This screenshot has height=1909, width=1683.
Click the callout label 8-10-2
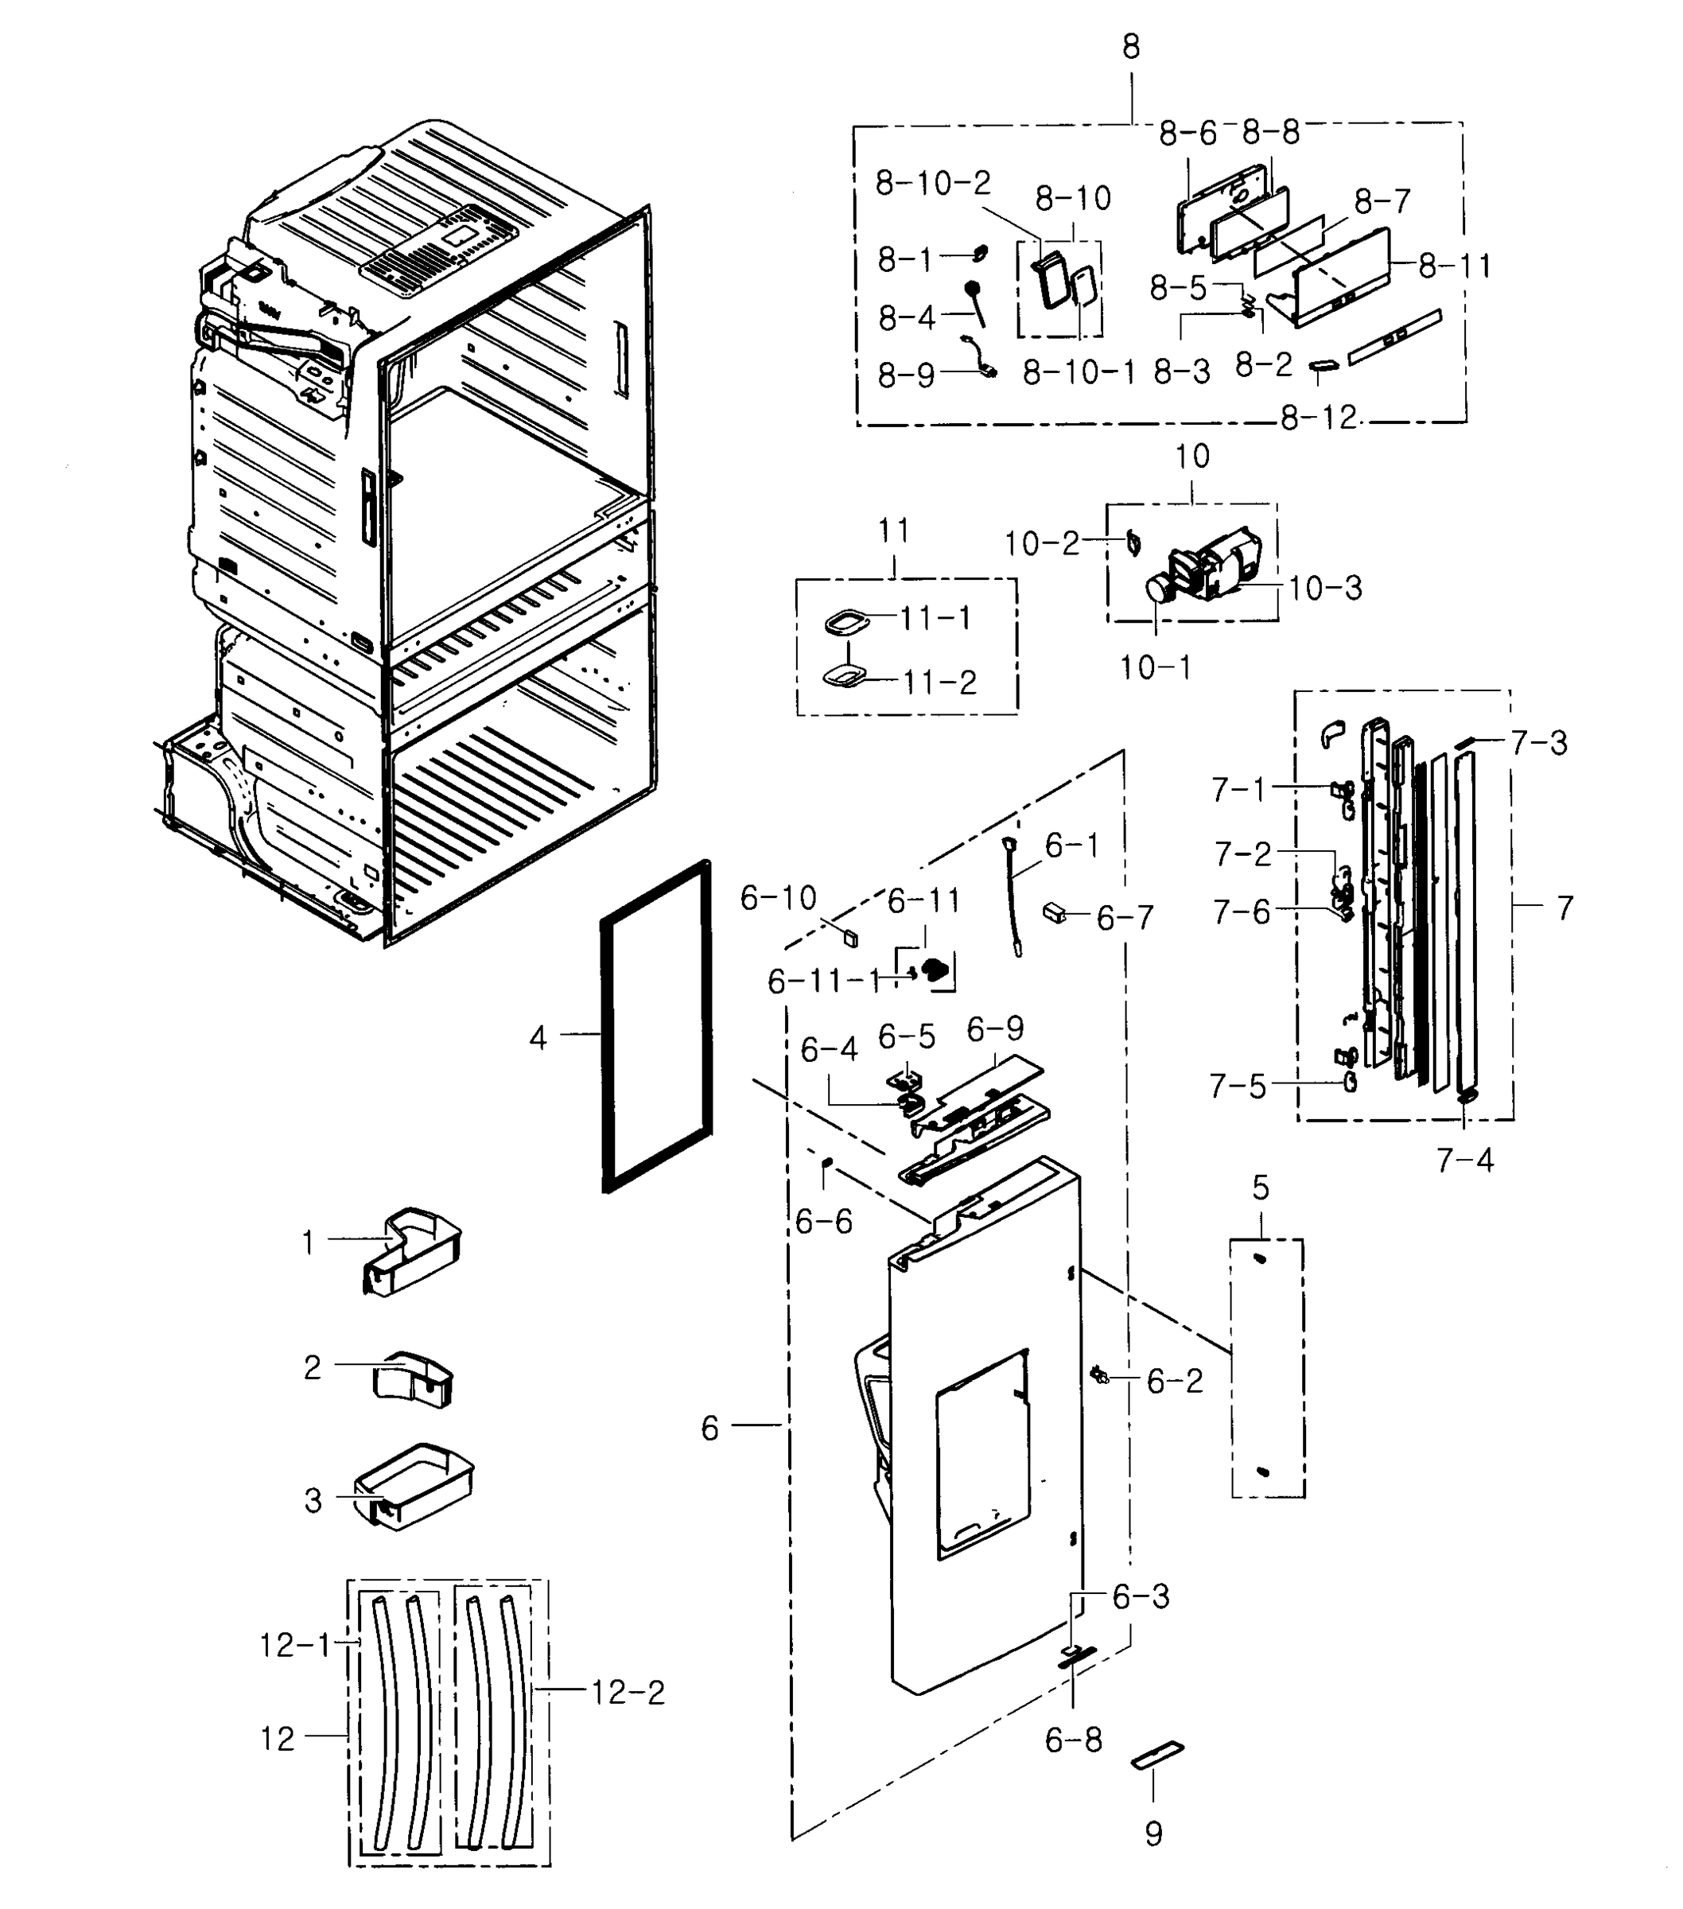(932, 183)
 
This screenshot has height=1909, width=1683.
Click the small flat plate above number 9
(1157, 1755)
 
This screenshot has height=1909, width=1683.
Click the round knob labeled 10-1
(1159, 589)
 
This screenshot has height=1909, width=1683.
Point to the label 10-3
(1324, 589)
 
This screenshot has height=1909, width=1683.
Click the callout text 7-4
(1464, 1161)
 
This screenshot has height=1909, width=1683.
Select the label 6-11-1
(824, 982)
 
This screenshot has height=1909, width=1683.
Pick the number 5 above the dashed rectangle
(1261, 1189)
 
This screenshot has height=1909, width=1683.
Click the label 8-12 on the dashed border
(1318, 418)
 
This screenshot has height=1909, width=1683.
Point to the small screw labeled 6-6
(826, 1162)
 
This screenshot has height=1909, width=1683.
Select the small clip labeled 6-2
(1099, 1374)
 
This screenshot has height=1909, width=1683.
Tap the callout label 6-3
(1141, 1597)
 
